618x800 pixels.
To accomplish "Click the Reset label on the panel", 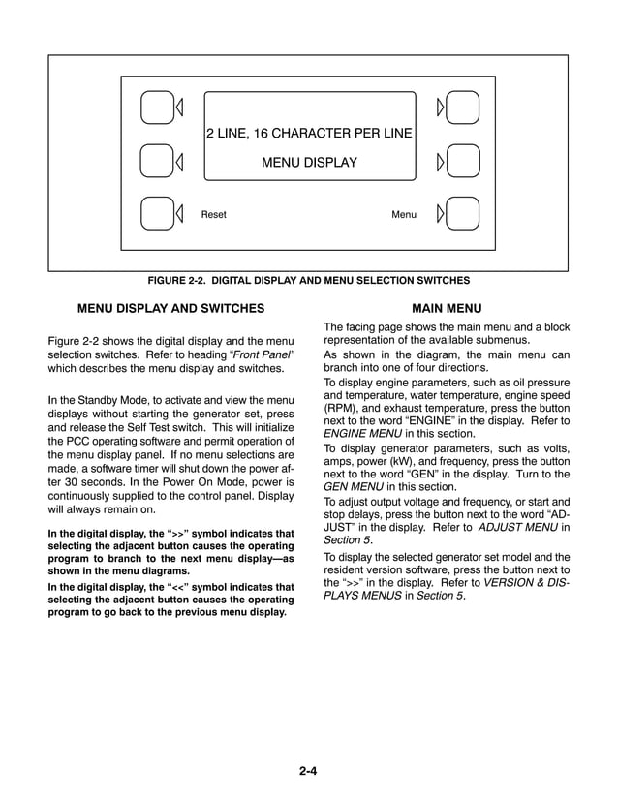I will coord(213,214).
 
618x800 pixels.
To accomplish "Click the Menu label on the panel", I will coord(404,214).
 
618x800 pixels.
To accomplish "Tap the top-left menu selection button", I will coord(155,107).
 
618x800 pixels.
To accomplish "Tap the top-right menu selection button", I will coord(463,107).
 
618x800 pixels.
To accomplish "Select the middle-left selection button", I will coord(155,161).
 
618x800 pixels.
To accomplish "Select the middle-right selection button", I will coord(463,161).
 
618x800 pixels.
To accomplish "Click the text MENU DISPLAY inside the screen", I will coord(309,163).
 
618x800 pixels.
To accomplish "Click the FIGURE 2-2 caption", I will coord(308,281).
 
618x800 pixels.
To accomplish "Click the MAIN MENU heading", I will coord(447,309).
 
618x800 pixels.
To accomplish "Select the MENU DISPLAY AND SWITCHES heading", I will coord(170,309).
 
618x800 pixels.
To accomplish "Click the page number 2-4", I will coord(309,771).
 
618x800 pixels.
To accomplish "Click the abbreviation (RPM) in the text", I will coord(340,409).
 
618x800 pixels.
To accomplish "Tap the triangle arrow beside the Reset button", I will coord(178,214).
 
